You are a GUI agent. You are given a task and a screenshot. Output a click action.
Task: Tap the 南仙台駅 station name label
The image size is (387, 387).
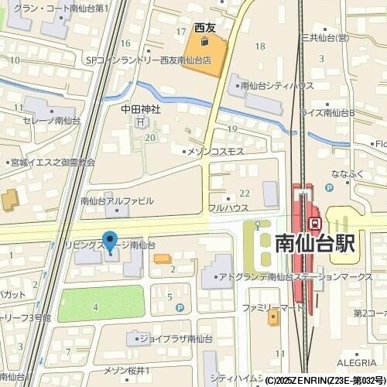pyautogui.click(x=315, y=244)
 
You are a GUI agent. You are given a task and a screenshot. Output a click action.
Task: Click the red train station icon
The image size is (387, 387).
pyautogui.click(x=315, y=223)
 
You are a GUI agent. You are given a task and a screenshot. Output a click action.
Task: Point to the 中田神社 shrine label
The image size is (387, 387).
pyautogui.click(x=140, y=109)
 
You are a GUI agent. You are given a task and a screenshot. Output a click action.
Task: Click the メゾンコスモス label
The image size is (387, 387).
pyautogui.click(x=217, y=150)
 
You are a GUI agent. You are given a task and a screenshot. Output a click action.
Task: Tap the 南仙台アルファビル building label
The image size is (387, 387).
pyautogui.click(x=117, y=200)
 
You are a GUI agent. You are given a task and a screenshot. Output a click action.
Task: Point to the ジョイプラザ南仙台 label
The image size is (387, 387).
pyautogui.click(x=169, y=337)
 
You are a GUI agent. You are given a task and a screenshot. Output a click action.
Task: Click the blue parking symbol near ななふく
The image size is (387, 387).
pyautogui.click(x=330, y=187)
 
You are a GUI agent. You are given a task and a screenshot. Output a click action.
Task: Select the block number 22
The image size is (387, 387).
pyautogui.click(x=244, y=192)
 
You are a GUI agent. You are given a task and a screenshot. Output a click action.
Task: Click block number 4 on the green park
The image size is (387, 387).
pyautogui.click(x=95, y=307)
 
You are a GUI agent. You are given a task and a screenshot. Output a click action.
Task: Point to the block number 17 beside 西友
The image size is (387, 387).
pyautogui.click(x=180, y=31)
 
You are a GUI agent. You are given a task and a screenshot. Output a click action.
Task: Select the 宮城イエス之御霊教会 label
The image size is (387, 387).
pyautogui.click(x=53, y=162)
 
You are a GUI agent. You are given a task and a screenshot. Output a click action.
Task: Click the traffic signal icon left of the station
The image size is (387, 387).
pyautogui.click(x=258, y=226)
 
